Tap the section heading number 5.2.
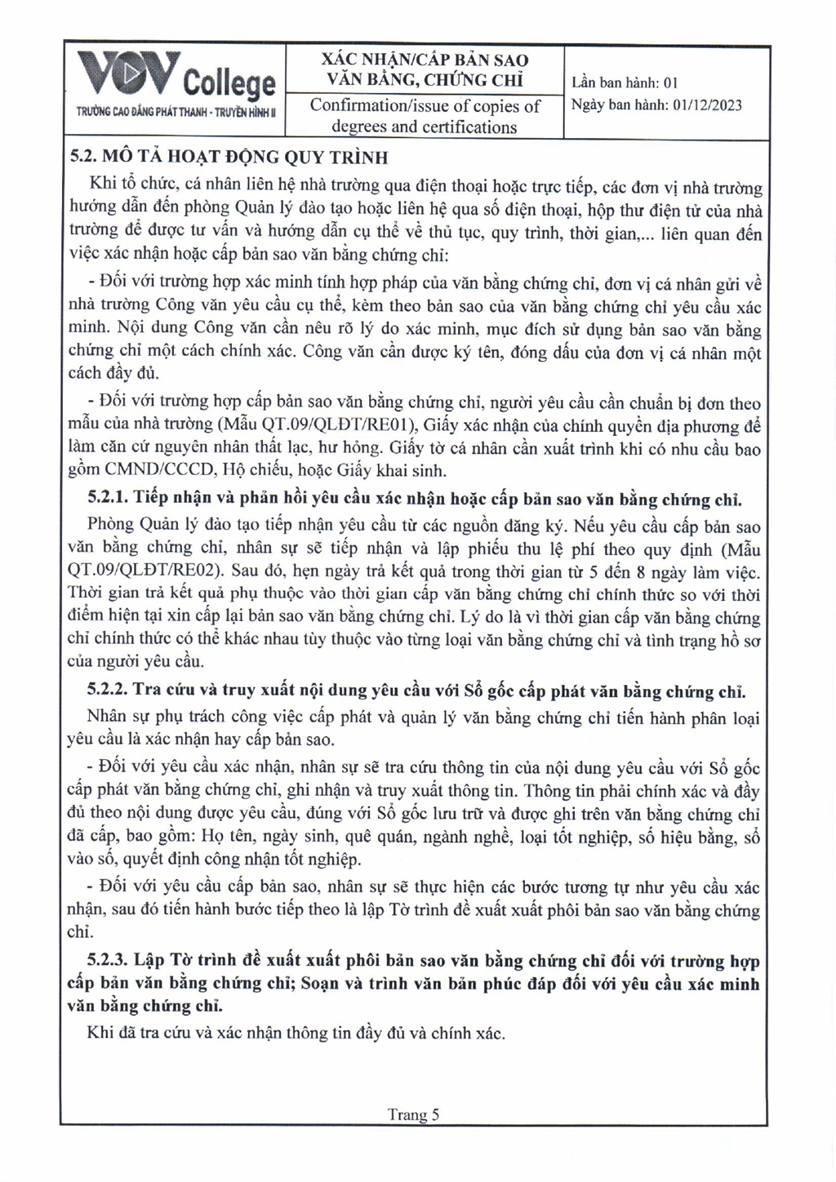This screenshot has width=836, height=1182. pyautogui.click(x=83, y=157)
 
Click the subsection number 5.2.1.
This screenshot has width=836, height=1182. pyautogui.click(x=108, y=498)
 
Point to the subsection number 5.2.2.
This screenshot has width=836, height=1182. pyautogui.click(x=108, y=691)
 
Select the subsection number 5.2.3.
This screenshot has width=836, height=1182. pyautogui.click(x=108, y=961)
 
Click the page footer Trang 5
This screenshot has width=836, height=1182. pyautogui.click(x=413, y=1115)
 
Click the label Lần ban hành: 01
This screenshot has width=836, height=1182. pyautogui.click(x=625, y=82)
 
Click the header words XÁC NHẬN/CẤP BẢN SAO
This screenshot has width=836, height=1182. pyautogui.click(x=425, y=60)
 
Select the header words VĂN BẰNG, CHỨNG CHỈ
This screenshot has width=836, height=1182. pyautogui.click(x=425, y=80)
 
